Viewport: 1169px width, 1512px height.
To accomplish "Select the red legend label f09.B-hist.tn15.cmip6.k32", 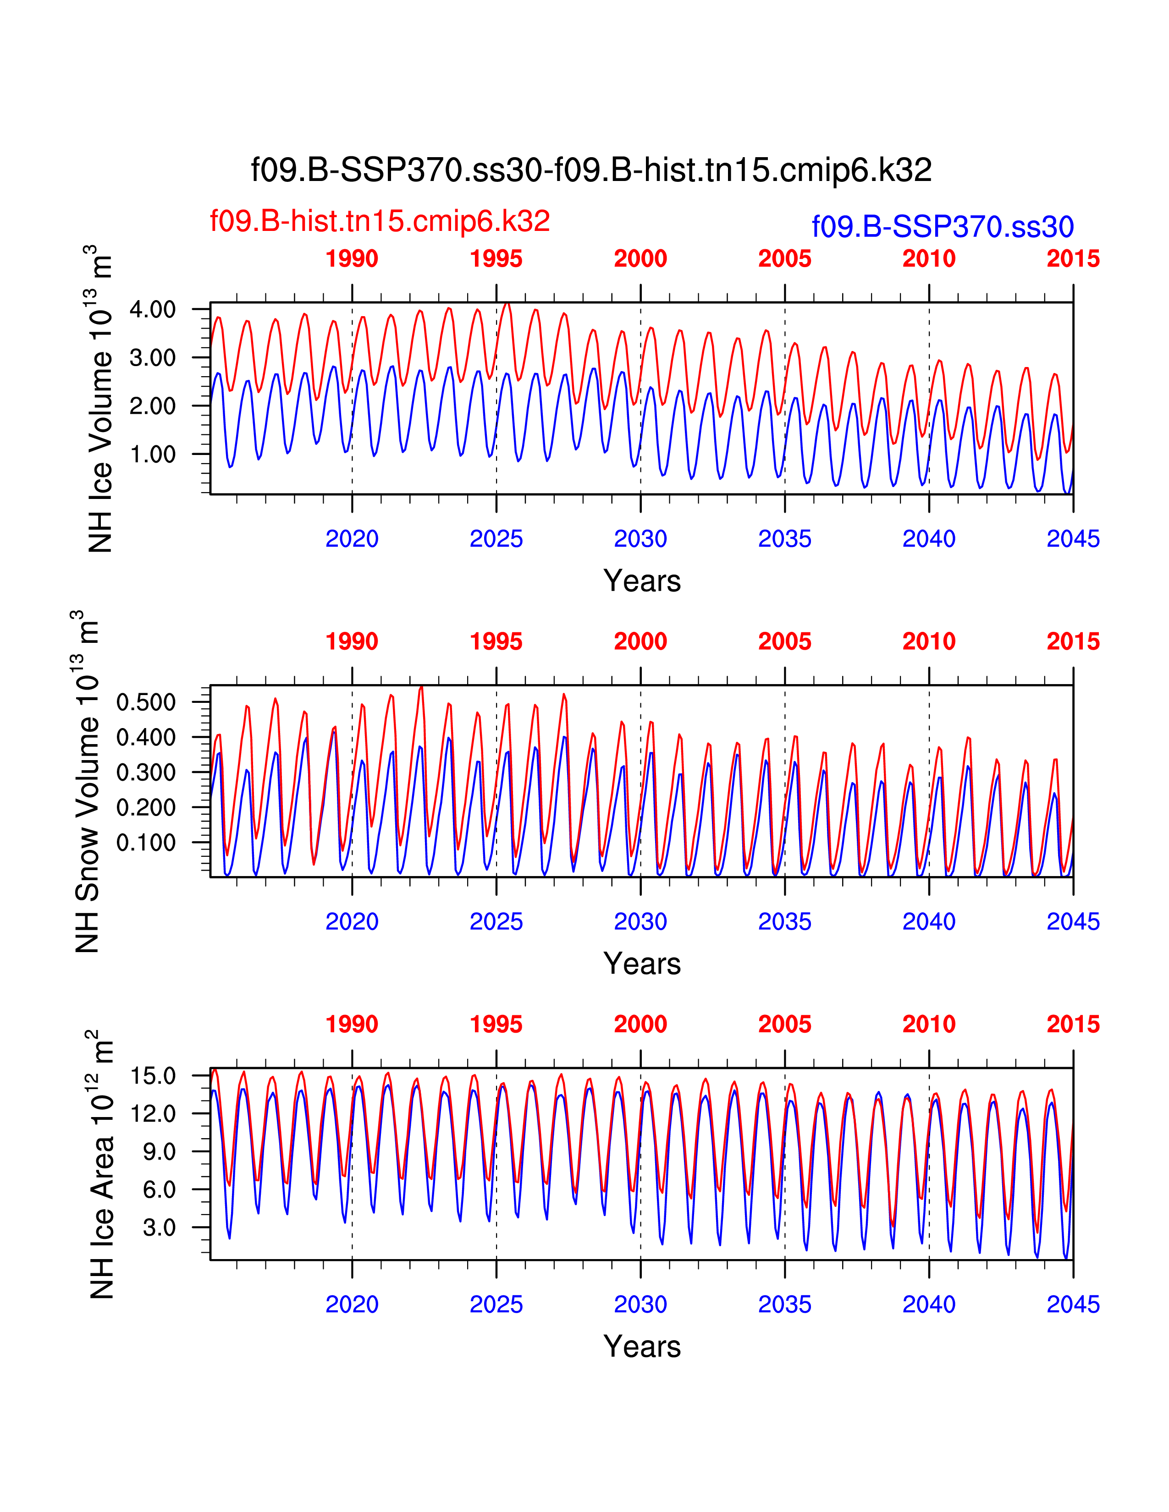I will click(x=380, y=221).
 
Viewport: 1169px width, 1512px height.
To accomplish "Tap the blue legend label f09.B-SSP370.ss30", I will click(x=943, y=226).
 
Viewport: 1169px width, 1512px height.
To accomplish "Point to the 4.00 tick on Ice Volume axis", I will click(x=152, y=309).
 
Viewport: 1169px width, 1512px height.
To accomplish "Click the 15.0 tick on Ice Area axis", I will click(x=153, y=1076).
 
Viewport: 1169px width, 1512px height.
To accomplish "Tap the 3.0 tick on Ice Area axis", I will click(x=159, y=1227).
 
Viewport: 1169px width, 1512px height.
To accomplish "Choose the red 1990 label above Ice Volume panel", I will click(x=352, y=259).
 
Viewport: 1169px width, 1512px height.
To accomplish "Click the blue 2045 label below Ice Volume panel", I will click(x=1073, y=539).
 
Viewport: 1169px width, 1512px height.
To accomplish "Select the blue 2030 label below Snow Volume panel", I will click(x=640, y=921).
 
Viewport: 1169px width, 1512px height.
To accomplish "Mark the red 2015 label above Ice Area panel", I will click(x=1073, y=1024).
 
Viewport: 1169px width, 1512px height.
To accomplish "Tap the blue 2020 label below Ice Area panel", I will click(x=352, y=1304).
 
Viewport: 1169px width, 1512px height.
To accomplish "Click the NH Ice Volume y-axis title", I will click(x=100, y=398).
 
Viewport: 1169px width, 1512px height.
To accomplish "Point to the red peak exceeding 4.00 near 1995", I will click(x=507, y=304).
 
